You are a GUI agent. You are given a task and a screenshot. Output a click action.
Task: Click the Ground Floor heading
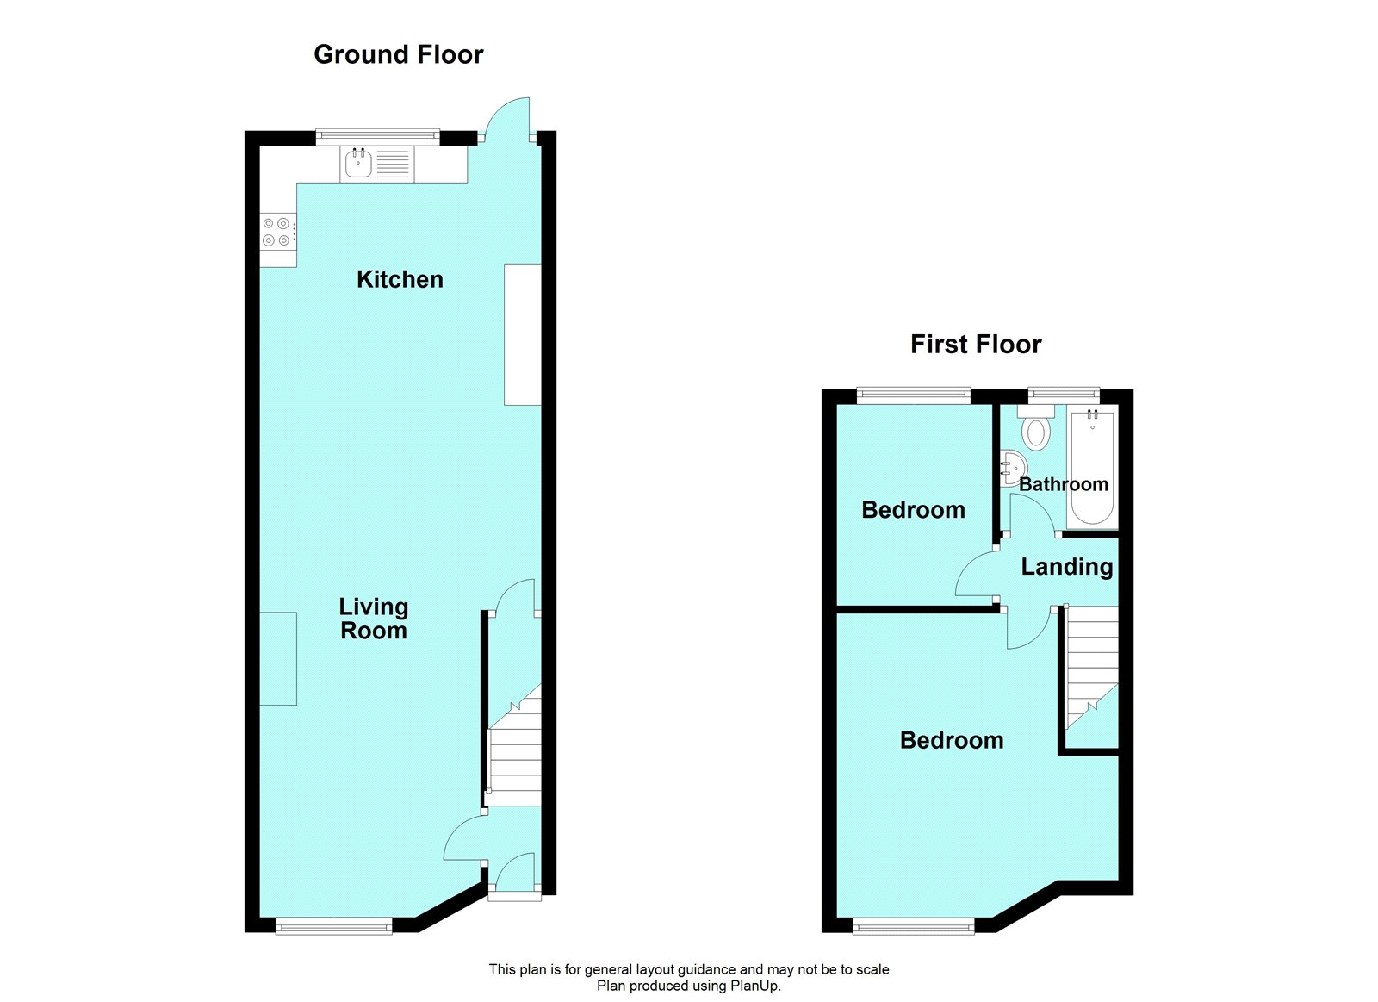point(399,55)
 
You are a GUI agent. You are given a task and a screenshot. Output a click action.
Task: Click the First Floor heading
point(976,345)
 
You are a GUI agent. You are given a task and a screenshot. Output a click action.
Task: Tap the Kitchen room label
point(400,279)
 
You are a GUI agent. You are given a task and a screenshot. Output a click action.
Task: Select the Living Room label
point(374,619)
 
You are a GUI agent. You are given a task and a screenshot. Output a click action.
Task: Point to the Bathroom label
point(1064,483)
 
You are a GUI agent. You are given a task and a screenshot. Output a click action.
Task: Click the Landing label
point(1067,567)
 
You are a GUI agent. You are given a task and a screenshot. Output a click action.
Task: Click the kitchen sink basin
point(358,164)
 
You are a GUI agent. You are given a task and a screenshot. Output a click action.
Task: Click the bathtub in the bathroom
point(1093,467)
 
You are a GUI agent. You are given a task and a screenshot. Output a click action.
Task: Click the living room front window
point(334,925)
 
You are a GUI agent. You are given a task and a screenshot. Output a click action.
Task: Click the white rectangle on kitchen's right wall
point(522,334)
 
